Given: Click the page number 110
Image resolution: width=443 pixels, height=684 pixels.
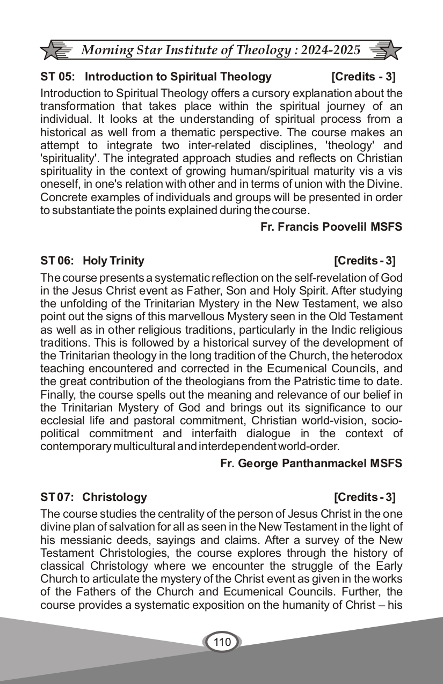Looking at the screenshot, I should (x=222, y=642).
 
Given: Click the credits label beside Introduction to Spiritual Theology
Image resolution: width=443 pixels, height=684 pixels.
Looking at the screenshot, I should (x=364, y=77).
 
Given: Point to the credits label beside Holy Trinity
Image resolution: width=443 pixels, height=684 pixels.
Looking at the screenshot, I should (x=365, y=261).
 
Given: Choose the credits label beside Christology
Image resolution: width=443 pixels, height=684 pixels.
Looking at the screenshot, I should (x=365, y=497).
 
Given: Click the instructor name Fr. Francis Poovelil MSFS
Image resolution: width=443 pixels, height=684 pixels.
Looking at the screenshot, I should (x=331, y=227).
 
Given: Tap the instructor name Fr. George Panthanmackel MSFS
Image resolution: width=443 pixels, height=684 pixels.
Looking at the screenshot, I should (x=311, y=464).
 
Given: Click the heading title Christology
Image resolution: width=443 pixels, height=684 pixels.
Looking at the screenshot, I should (x=114, y=497).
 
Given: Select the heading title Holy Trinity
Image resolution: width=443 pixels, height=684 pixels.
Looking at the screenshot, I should (x=114, y=261).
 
